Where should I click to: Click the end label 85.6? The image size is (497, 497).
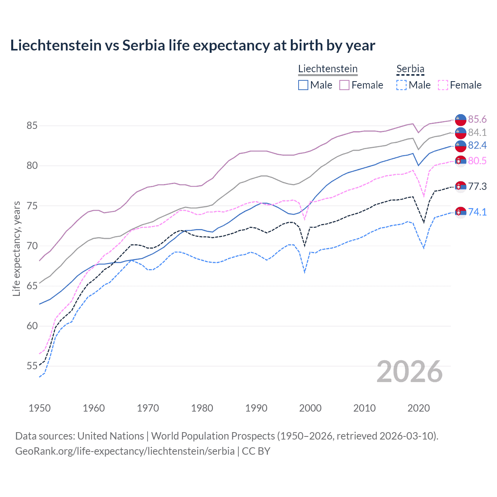[477, 119]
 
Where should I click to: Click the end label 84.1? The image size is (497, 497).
[477, 132]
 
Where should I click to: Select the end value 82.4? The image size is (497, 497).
[477, 145]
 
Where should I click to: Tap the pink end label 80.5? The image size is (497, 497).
[477, 161]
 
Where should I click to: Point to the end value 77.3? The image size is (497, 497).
[477, 186]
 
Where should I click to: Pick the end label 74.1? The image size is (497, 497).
[477, 212]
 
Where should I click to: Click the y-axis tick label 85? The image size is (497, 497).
[32, 125]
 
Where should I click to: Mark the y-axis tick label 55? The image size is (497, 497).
[32, 366]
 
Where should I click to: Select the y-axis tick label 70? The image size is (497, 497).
[32, 246]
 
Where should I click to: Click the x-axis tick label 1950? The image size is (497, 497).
[40, 408]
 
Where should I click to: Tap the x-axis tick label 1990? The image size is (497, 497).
[256, 408]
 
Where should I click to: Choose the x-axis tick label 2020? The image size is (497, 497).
[419, 408]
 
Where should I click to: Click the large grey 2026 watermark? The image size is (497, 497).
[409, 372]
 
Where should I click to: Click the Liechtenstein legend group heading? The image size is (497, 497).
[328, 69]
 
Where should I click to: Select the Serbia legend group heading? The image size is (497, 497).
[410, 69]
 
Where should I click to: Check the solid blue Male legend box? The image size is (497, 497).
[303, 85]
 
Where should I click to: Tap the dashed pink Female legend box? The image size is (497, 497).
[443, 85]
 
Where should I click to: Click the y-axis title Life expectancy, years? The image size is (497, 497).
[17, 248]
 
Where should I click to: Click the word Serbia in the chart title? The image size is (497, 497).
[144, 45]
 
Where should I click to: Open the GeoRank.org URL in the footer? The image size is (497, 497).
[125, 451]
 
